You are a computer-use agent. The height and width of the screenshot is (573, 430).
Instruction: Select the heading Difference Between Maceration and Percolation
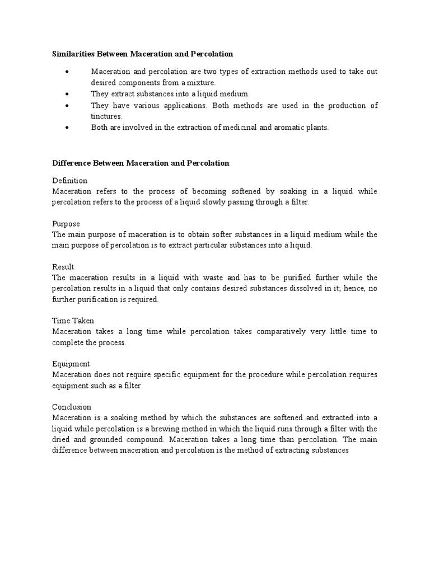pyautogui.click(x=141, y=163)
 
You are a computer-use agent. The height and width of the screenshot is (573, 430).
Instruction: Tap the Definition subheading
pyautogui.click(x=70, y=181)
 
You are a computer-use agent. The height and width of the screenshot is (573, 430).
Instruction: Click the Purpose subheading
pyautogui.click(x=66, y=224)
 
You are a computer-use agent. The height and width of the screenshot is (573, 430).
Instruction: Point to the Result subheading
pyautogui.click(x=63, y=267)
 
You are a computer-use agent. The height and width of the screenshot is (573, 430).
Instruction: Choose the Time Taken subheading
pyautogui.click(x=73, y=321)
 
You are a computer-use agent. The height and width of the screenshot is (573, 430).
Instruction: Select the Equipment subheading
pyautogui.click(x=71, y=364)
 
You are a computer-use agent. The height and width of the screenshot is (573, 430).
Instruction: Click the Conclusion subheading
pyautogui.click(x=72, y=407)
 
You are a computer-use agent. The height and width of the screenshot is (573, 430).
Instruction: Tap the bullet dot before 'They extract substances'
pyautogui.click(x=67, y=94)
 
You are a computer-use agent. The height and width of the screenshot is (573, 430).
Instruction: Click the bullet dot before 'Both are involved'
pyautogui.click(x=67, y=128)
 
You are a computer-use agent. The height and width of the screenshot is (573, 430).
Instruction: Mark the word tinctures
pyautogui.click(x=106, y=116)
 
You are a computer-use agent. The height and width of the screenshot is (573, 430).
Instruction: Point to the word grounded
pyautogui.click(x=104, y=439)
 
